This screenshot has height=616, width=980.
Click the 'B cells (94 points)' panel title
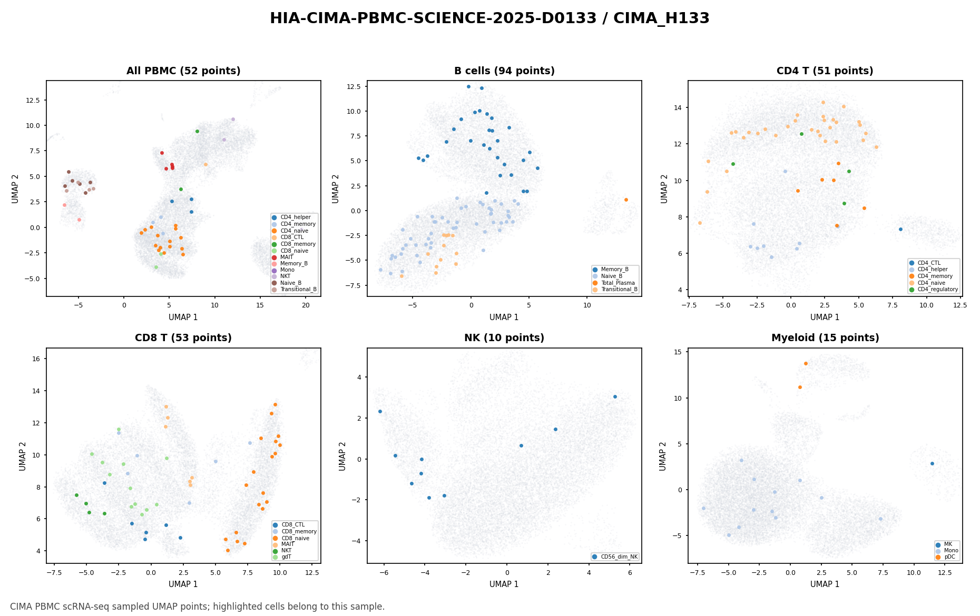504,71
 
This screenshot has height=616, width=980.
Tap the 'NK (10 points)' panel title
504,338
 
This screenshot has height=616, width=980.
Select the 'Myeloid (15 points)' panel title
825,338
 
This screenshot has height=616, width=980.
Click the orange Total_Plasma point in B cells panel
626,200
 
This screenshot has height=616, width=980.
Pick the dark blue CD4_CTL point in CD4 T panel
900,229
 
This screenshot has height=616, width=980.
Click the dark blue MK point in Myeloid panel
932,463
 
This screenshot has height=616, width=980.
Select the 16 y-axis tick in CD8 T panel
37,359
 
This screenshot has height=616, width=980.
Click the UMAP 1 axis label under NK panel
504,584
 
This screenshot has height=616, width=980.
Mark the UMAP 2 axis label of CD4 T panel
664,188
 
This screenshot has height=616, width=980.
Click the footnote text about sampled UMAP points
198,607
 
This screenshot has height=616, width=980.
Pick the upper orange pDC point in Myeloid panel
806,363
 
